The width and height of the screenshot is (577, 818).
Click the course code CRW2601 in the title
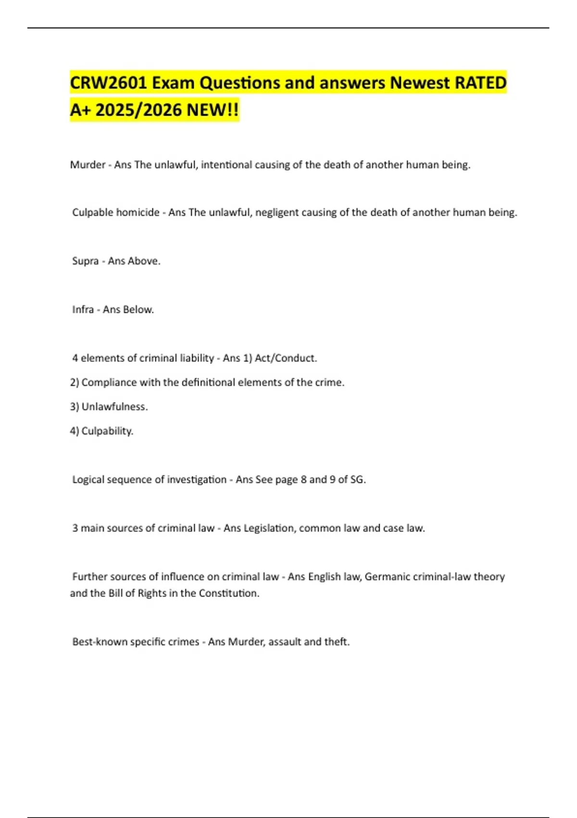click(108, 83)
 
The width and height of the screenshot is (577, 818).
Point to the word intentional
click(226, 165)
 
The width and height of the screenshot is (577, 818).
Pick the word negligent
click(277, 213)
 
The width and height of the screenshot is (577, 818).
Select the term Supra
click(85, 261)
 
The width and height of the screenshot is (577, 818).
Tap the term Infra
click(83, 310)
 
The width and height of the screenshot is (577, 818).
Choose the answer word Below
click(138, 310)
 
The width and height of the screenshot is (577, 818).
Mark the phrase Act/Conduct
click(286, 358)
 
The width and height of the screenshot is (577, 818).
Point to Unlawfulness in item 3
click(114, 407)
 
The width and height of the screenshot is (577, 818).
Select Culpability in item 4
click(107, 431)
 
